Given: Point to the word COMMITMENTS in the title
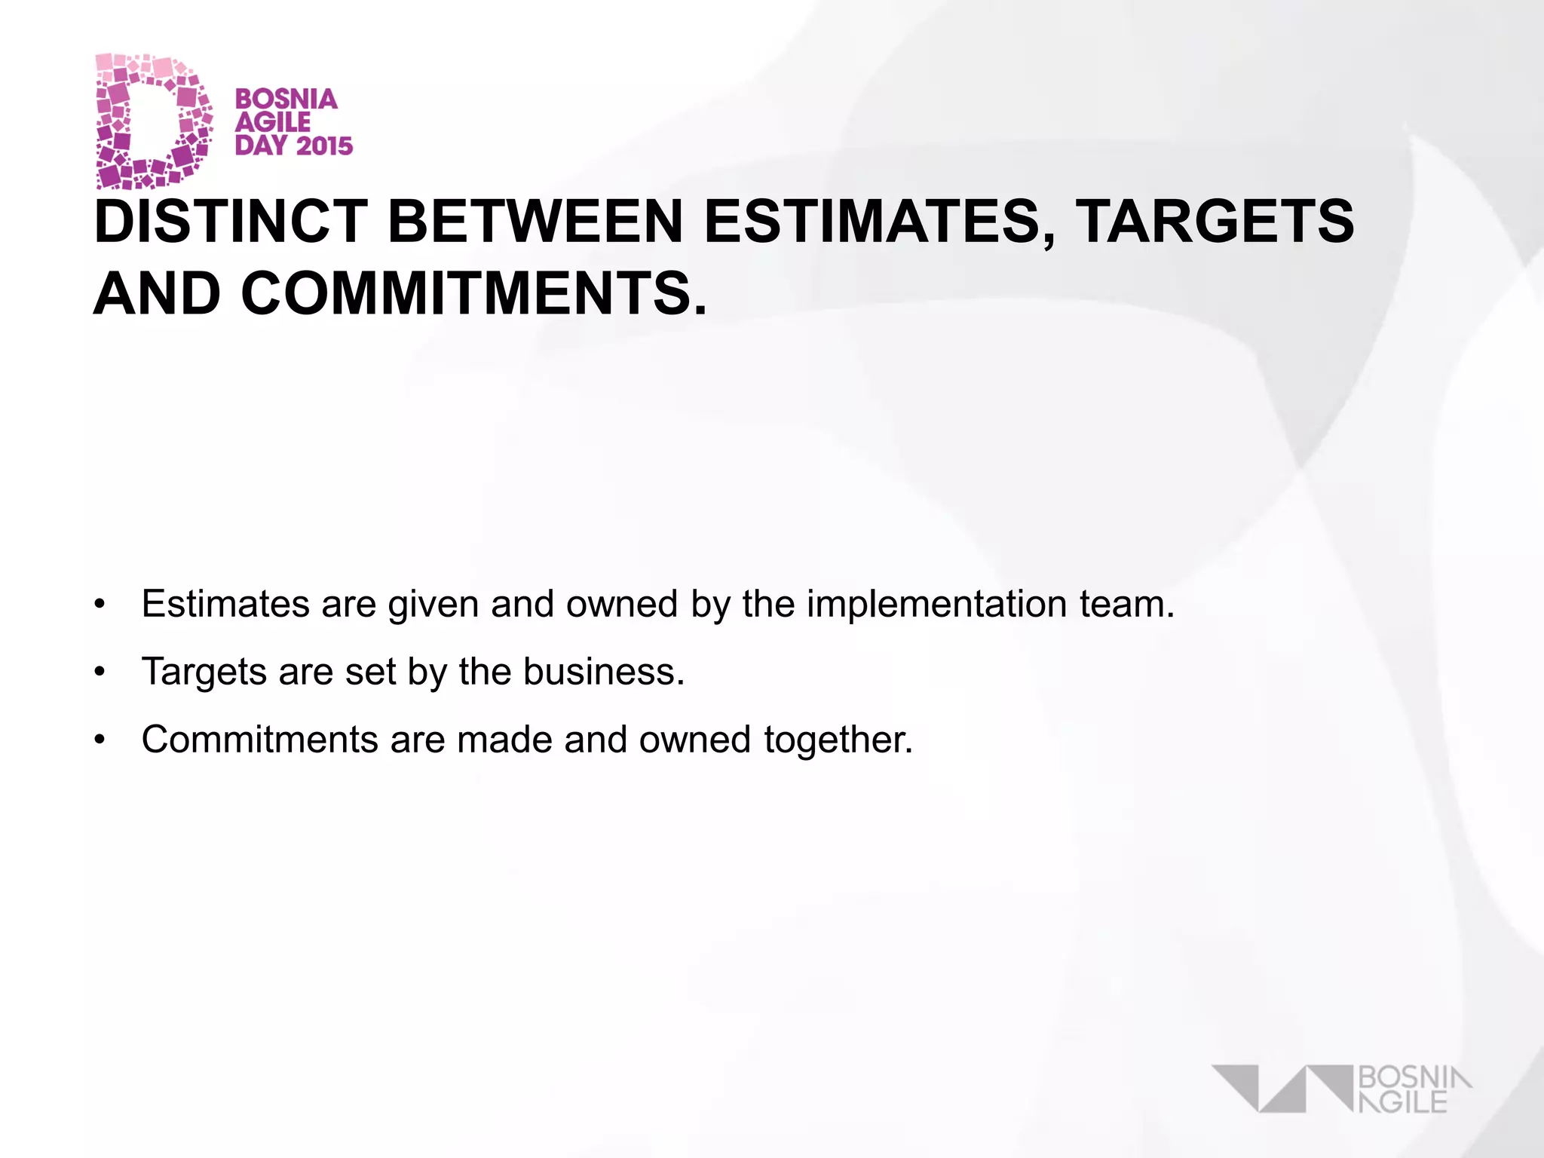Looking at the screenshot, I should coord(475,294).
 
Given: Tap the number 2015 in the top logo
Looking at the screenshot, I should coord(324,146).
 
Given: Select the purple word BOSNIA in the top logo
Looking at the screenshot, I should coord(286,99).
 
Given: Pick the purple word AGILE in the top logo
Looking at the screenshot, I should coord(273,122).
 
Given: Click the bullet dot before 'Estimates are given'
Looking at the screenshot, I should coord(100,605).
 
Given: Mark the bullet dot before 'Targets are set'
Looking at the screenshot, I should coord(100,672).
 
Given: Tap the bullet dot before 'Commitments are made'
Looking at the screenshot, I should coord(100,740).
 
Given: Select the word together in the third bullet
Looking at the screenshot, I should coord(837,740).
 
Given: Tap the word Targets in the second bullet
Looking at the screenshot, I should coord(204,672).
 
